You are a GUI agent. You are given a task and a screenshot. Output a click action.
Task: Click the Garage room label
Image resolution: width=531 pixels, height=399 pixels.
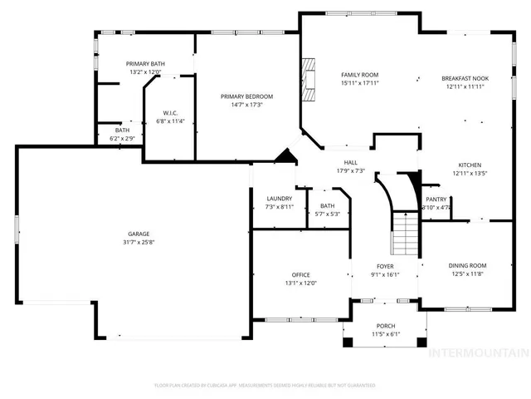pos(138,234)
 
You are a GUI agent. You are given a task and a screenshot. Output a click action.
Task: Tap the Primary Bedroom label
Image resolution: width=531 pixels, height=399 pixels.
pos(246,96)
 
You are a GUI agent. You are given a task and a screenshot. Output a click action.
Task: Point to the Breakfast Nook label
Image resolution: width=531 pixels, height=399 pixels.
pos(469,77)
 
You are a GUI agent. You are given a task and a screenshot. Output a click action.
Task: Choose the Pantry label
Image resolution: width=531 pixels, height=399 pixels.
pos(436,199)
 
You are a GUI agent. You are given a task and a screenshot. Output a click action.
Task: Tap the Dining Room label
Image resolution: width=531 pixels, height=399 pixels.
pos(468,265)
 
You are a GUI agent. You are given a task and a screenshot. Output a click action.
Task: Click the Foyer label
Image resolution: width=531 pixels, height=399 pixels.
pos(385,266)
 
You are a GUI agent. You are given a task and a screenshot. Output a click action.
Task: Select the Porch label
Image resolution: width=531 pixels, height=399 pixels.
pos(384,326)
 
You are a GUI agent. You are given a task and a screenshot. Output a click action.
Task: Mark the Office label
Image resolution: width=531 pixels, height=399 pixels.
pos(300,274)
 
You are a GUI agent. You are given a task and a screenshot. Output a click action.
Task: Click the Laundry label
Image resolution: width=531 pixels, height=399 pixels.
pos(280,199)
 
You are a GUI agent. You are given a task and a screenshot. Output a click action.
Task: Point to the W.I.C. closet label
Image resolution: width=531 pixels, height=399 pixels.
pos(170,113)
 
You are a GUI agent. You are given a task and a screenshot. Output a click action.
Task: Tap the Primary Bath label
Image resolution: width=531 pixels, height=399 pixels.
pos(145,64)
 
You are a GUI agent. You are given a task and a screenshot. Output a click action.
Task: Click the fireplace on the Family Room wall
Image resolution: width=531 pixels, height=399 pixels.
pos(309,80)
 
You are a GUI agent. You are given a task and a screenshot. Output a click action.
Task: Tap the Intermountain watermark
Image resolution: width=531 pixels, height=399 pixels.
pos(477,352)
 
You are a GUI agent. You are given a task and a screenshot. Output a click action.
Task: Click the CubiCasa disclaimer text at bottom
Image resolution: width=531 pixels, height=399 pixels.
pos(265,386)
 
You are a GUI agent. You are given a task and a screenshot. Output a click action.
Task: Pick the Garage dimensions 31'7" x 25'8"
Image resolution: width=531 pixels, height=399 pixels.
pos(138,243)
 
